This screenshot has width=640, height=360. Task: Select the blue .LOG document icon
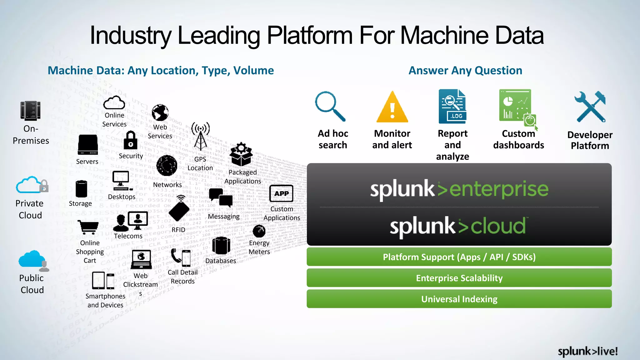[x=452, y=107]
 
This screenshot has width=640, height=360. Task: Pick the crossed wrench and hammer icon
[x=590, y=107]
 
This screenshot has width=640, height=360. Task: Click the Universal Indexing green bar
[x=459, y=299]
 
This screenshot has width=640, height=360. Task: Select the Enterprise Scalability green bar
[x=459, y=278]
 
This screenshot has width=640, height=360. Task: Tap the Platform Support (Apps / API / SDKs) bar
[x=459, y=257]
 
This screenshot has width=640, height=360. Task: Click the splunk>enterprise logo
[x=459, y=189]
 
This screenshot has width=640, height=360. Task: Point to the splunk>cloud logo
[x=458, y=226]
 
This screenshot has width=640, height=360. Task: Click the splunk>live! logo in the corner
[x=587, y=351]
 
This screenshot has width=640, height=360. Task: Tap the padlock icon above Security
[x=130, y=140]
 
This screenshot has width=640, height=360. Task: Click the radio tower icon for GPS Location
[x=200, y=136]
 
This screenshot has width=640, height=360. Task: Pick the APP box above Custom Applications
[x=281, y=193]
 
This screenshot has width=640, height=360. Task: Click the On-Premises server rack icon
[x=31, y=111]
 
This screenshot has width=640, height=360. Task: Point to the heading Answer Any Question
[x=465, y=71]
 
